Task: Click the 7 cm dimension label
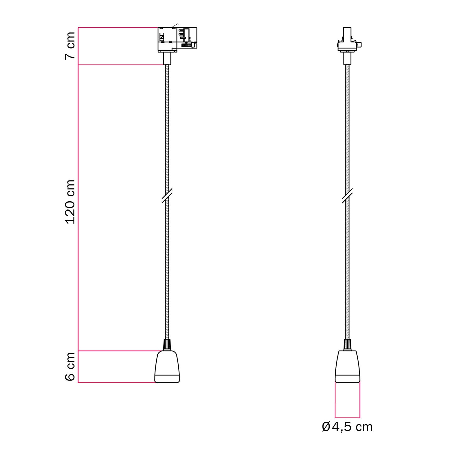(70, 46)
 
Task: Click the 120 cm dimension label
(70, 202)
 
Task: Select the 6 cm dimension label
(70, 366)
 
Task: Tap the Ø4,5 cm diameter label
(347, 427)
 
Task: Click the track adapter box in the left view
(177, 39)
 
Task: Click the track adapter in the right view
(347, 41)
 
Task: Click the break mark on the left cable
(167, 196)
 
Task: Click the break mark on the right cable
(347, 196)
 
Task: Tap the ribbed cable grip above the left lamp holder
(167, 345)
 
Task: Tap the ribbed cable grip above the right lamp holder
(347, 345)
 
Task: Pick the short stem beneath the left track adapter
(167, 58)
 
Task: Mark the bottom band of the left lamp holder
(167, 378)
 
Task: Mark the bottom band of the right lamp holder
(347, 378)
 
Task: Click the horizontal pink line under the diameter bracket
(347, 418)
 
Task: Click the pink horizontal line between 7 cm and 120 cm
(121, 65)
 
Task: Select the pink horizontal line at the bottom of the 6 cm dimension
(116, 382)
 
